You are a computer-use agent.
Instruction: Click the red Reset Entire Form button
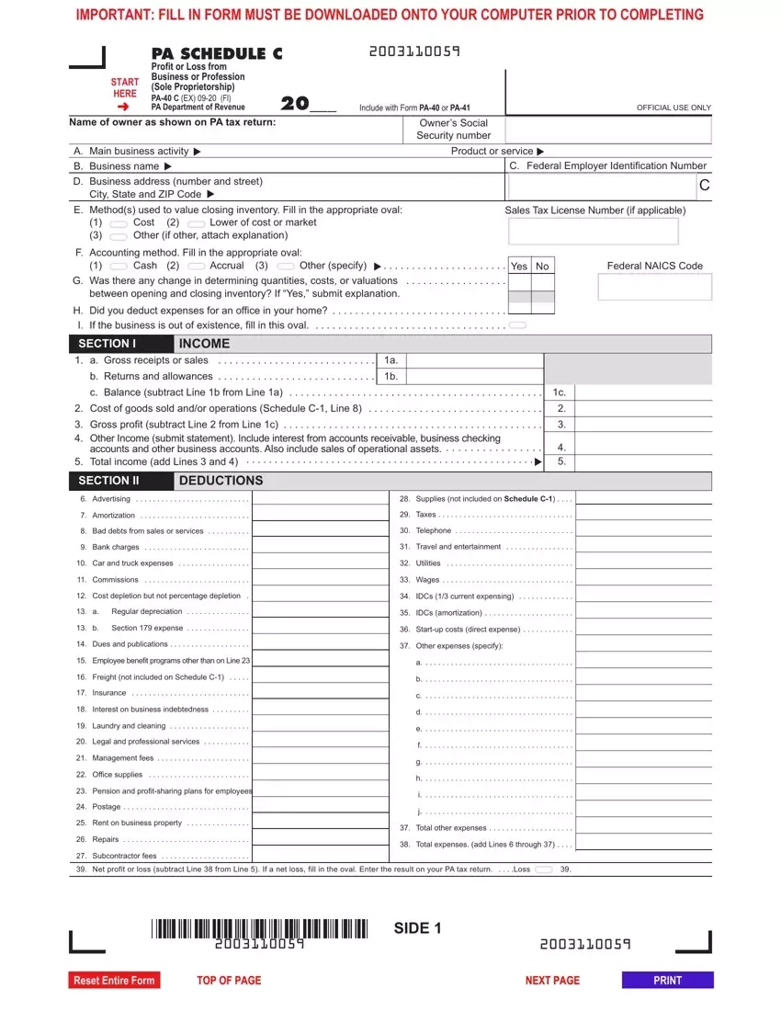(114, 981)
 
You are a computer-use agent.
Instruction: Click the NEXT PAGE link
(552, 981)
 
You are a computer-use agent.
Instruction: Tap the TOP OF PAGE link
(229, 981)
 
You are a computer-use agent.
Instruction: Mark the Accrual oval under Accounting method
(195, 266)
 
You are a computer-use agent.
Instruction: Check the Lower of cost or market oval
(195, 223)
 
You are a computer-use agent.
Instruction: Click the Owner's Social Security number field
(608, 130)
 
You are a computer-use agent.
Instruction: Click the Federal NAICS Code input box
(654, 287)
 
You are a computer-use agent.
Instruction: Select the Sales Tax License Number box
(592, 232)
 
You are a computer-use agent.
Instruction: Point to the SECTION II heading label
(108, 481)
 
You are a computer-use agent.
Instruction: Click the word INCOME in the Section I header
(205, 344)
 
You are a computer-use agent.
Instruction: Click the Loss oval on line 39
(543, 869)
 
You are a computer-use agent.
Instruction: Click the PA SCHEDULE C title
(217, 54)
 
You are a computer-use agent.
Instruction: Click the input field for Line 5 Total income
(642, 462)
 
